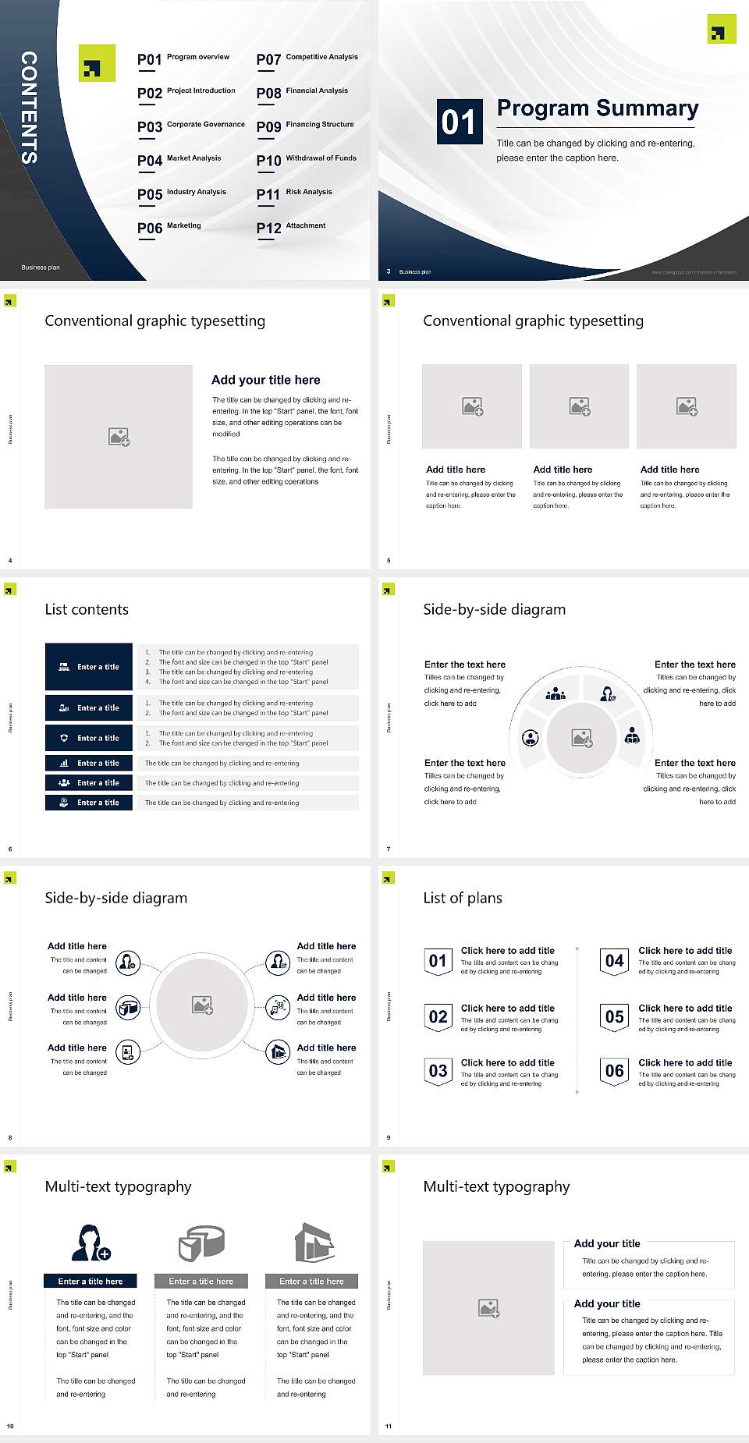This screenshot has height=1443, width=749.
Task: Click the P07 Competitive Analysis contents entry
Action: pos(307,58)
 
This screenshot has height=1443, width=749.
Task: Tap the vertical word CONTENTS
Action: pos(29,108)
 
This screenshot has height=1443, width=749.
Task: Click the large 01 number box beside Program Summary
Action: pos(458,122)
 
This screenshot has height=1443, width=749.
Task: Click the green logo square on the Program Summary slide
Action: pos(721,30)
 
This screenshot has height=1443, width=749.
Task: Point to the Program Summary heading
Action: pos(597,108)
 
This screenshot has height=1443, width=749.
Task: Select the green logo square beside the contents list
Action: pos(97,63)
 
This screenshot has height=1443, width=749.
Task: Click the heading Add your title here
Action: pos(265,380)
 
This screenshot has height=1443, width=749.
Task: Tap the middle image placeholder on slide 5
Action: pos(579,406)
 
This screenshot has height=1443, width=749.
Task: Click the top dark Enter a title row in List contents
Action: pos(89,667)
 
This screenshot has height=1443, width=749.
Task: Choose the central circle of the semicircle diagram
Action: pos(581,738)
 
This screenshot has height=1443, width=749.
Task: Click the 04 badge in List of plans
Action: pos(614,961)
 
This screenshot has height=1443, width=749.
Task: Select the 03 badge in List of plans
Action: pos(438,1071)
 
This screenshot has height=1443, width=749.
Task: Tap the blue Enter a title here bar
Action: pos(91,1281)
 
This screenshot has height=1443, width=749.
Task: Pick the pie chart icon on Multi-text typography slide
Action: pos(201,1243)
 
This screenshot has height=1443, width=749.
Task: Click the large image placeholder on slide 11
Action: pos(488,1308)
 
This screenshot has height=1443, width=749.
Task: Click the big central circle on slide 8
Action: pos(202,1005)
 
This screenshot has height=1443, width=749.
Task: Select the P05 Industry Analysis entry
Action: pos(182,193)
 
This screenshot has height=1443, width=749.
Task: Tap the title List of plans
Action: pos(463,898)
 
